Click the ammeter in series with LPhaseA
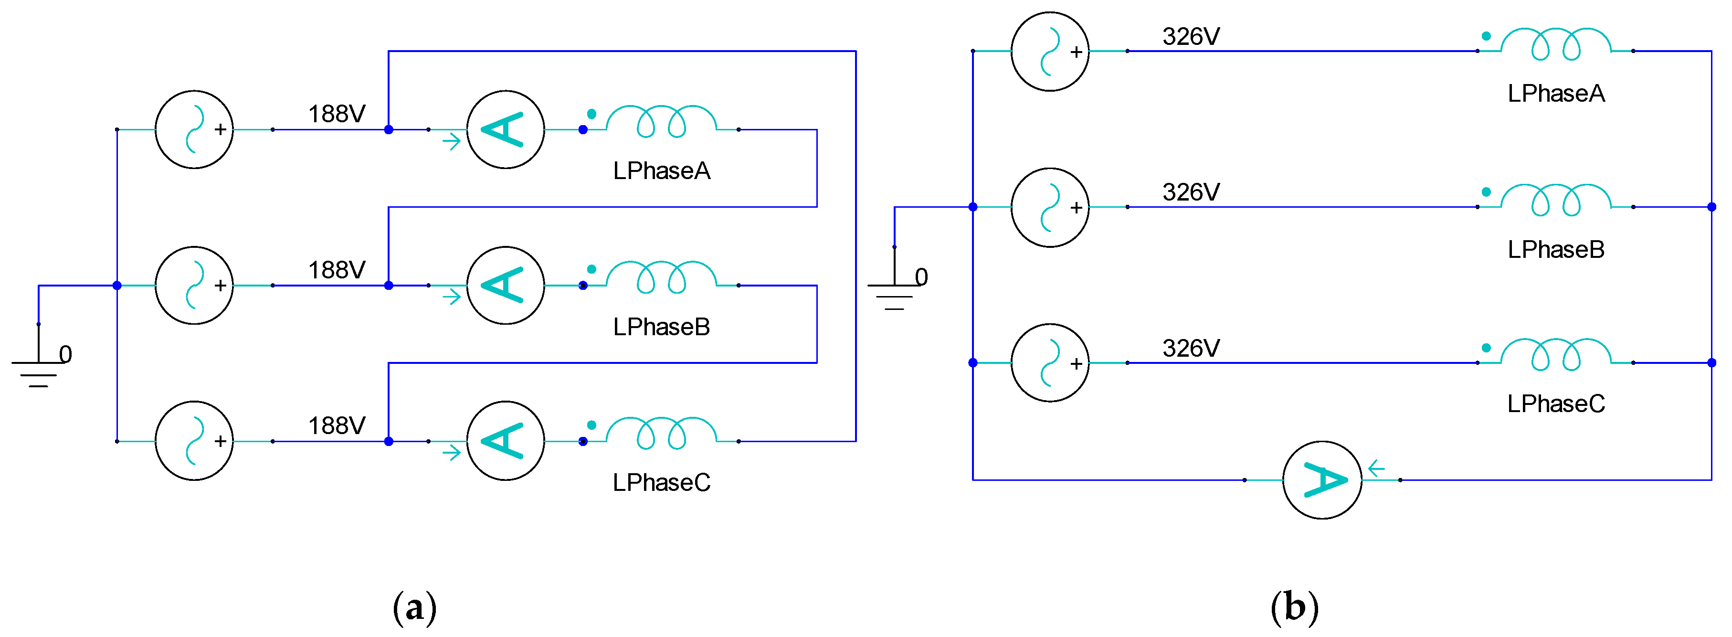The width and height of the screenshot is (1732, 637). [x=506, y=129]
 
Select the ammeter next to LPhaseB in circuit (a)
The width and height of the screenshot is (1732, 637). [x=506, y=285]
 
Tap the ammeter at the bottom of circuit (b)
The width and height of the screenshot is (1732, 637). [x=1322, y=479]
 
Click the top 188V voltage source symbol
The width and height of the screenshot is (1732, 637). [x=194, y=129]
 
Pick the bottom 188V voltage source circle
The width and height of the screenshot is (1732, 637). [x=194, y=441]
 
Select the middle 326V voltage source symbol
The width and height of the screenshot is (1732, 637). [x=1049, y=207]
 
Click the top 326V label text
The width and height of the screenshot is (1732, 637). [x=1191, y=36]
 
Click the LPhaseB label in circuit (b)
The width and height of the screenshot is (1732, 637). [x=1555, y=250]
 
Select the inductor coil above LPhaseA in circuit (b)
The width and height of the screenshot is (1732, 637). [x=1555, y=44]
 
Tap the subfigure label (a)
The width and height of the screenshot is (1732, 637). [x=414, y=607]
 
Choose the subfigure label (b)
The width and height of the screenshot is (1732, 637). [x=1294, y=607]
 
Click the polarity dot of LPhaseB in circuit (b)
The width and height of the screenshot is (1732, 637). [x=1486, y=191]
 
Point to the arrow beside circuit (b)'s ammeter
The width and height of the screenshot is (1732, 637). [x=1376, y=467]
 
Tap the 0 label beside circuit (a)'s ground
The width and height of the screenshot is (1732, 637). [x=65, y=354]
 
